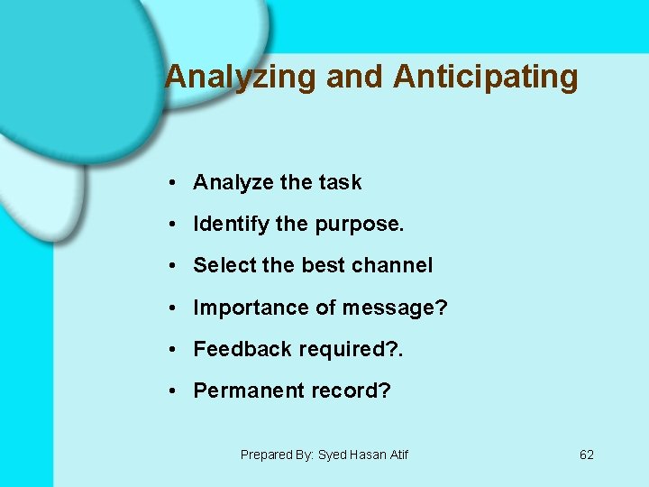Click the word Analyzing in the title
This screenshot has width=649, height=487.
pos(241,78)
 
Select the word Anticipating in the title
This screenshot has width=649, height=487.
pos(486,78)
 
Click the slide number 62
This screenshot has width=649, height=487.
pos(587,455)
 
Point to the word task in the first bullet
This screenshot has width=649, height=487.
pos(340,182)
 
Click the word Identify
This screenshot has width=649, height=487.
pos(231,224)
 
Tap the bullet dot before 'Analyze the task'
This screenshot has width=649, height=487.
pos(170,182)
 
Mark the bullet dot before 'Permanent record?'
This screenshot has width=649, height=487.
pos(170,391)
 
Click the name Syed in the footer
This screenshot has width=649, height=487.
pos(333,455)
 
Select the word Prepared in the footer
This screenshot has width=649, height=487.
pos(264,455)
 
